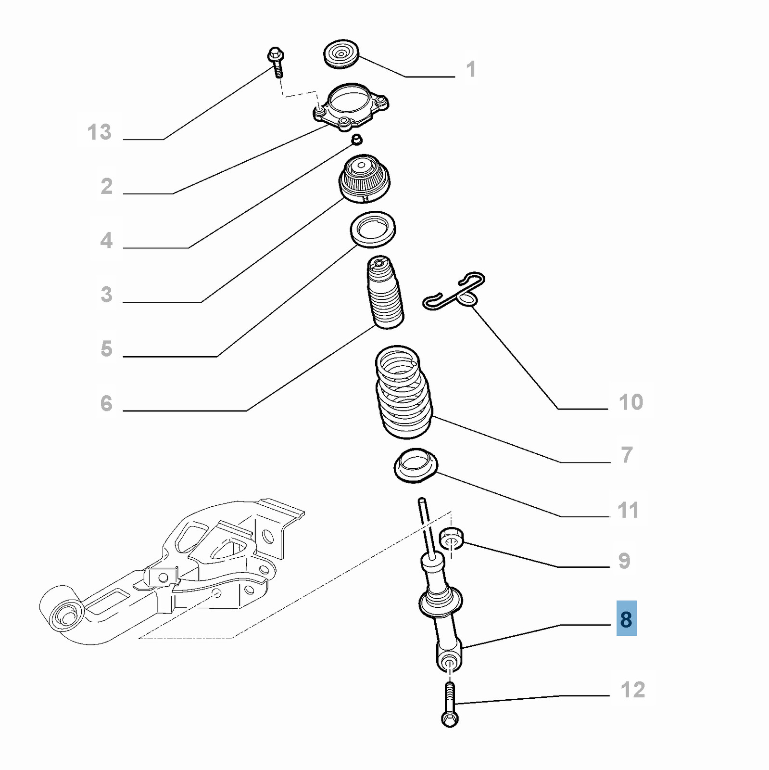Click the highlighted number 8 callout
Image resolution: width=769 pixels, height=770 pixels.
tap(626, 619)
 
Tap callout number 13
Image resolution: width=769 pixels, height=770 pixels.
tap(100, 132)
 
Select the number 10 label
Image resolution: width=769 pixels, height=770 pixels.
tap(631, 402)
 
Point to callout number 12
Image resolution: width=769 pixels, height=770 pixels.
tap(633, 690)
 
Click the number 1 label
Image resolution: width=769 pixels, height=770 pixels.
tap(471, 69)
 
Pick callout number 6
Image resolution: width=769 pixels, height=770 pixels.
tap(106, 403)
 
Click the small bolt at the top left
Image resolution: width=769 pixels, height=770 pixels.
tap(276, 62)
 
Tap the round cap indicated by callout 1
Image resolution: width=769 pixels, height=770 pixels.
tap(341, 54)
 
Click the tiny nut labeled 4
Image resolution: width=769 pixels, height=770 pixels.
tap(356, 140)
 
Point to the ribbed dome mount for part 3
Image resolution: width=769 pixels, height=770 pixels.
tap(365, 178)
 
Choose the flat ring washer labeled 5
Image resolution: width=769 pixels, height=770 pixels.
tap(373, 229)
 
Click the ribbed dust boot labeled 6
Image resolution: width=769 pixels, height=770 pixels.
tap(385, 292)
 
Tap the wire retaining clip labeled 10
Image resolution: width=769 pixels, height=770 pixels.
tap(454, 291)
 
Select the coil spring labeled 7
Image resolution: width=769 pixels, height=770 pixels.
tap(403, 392)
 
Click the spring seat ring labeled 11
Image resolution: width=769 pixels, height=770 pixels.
tap(416, 466)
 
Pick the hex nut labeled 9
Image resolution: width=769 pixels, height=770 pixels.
tap(452, 538)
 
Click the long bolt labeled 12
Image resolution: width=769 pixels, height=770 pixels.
tap(450, 705)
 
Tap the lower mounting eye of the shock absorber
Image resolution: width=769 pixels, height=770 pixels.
tap(450, 657)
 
